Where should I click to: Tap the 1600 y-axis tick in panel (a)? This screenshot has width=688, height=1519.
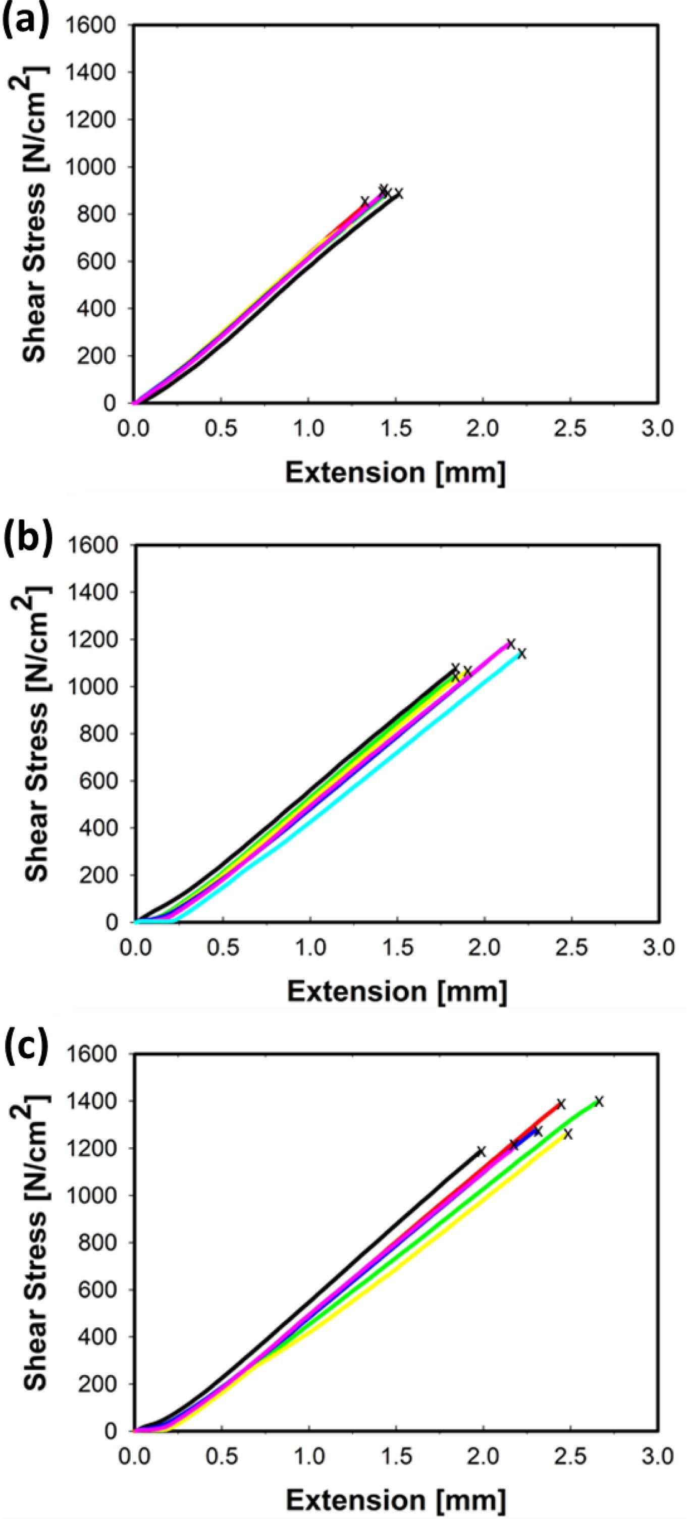pyautogui.click(x=91, y=25)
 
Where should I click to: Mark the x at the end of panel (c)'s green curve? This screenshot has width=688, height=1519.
pyautogui.click(x=599, y=1101)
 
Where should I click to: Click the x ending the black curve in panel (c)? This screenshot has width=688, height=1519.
pyautogui.click(x=481, y=1152)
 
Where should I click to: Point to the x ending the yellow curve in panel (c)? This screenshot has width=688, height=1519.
pyautogui.click(x=568, y=1134)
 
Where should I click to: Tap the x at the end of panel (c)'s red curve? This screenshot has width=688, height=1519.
pyautogui.click(x=561, y=1104)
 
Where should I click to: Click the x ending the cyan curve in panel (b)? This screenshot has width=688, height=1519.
pyautogui.click(x=521, y=653)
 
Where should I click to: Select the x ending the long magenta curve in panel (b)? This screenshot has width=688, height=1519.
pyautogui.click(x=511, y=643)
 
